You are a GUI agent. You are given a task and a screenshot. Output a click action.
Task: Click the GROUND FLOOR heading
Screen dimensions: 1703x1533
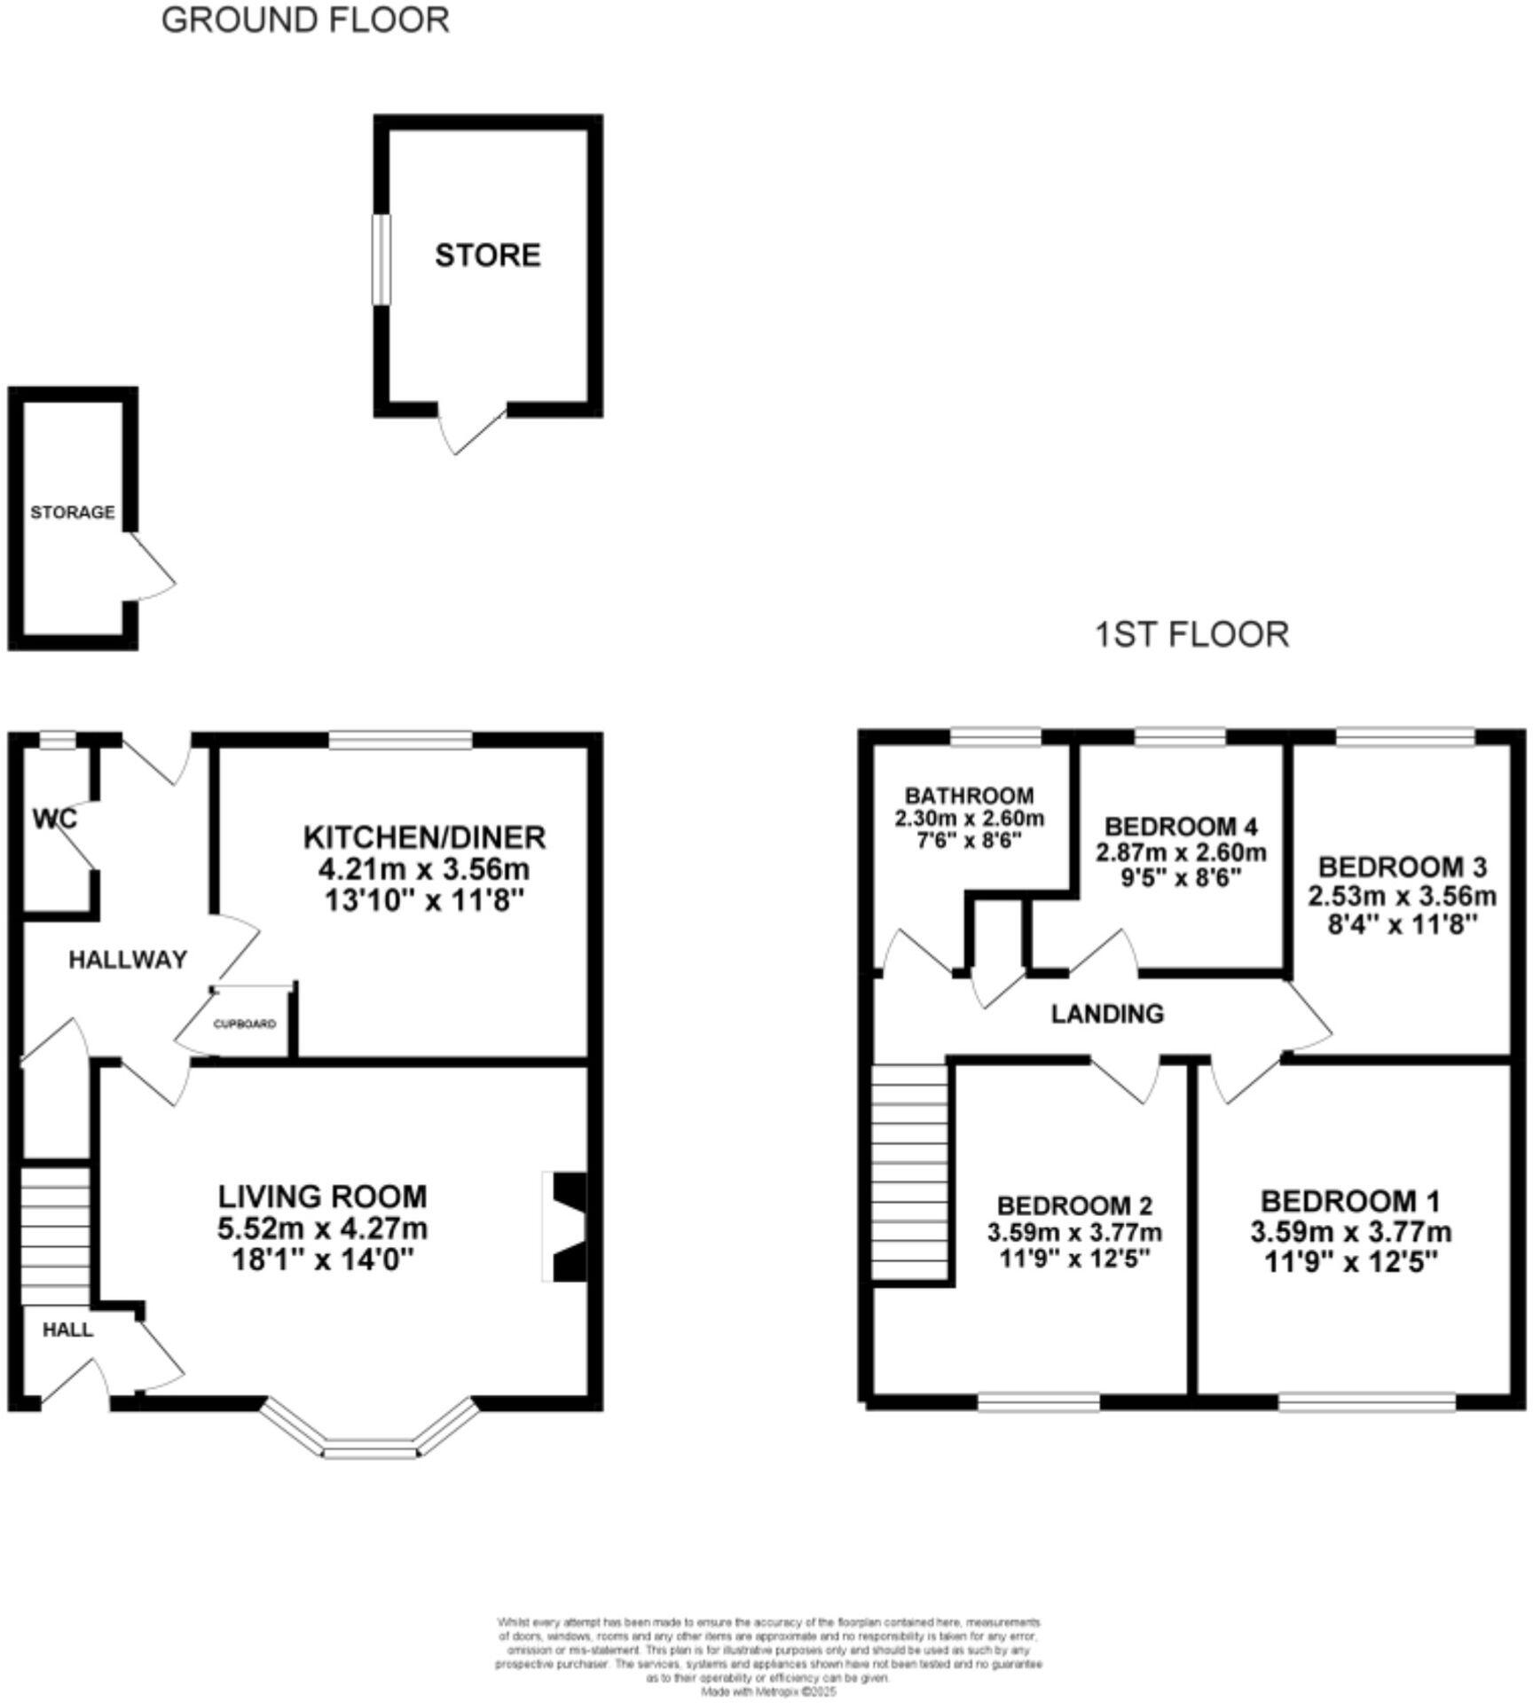click(305, 20)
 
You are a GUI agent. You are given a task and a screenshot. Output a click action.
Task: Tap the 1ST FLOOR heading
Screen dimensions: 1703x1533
click(1191, 635)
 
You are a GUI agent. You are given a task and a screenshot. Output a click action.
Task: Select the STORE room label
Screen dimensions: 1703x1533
click(487, 255)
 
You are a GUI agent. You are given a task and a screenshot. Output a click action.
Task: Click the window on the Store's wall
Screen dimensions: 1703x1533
click(381, 260)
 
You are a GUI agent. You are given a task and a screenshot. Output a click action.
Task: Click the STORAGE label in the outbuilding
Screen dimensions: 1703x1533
click(73, 513)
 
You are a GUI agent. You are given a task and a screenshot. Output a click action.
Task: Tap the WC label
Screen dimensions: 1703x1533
click(55, 818)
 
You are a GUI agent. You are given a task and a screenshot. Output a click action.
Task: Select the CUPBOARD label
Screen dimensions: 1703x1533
click(244, 1024)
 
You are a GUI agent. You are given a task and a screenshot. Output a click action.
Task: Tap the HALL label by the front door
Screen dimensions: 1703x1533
click(68, 1330)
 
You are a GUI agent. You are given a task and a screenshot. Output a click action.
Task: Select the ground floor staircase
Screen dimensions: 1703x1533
click(55, 1236)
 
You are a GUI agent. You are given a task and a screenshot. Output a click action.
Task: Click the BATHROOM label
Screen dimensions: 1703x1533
click(969, 796)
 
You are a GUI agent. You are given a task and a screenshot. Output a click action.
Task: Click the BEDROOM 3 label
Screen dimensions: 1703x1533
click(1402, 866)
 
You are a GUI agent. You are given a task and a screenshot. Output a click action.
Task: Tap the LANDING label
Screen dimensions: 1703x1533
click(1107, 1013)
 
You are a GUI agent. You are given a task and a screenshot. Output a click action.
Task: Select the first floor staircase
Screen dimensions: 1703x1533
click(910, 1171)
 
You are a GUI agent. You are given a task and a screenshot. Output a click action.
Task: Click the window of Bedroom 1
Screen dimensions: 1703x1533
click(1366, 1401)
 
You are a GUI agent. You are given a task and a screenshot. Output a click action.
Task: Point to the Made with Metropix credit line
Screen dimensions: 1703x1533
click(768, 1691)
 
